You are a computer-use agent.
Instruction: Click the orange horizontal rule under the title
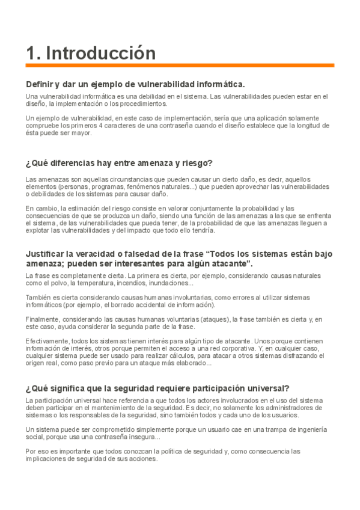(180, 65)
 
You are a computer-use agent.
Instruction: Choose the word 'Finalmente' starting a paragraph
(43, 319)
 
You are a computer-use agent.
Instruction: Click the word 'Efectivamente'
(46, 341)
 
